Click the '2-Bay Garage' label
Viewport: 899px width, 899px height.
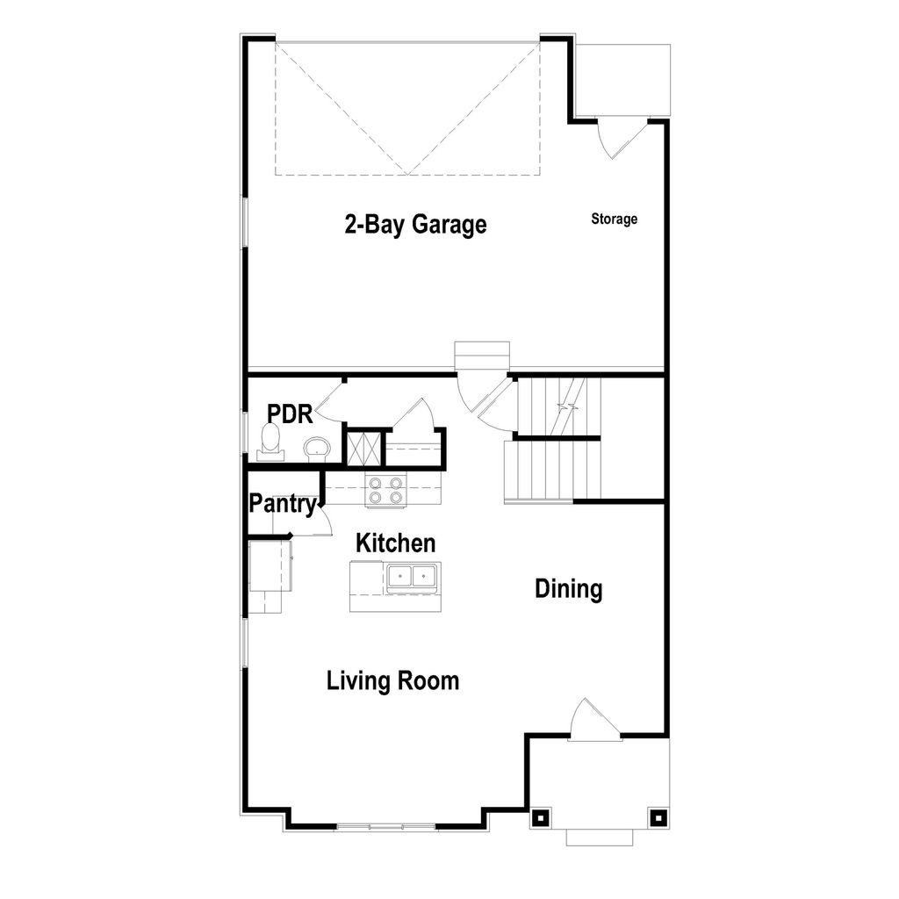pyautogui.click(x=414, y=225)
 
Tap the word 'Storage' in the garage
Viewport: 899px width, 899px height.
pyautogui.click(x=614, y=219)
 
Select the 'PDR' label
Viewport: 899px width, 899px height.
pyautogui.click(x=290, y=414)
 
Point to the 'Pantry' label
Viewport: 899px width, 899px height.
pyautogui.click(x=282, y=505)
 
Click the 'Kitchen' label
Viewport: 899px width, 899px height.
pyautogui.click(x=395, y=543)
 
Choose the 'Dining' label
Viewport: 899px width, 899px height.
pyautogui.click(x=569, y=589)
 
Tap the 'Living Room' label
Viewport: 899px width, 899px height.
pyautogui.click(x=392, y=680)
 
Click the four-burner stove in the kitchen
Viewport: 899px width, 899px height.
pyautogui.click(x=386, y=490)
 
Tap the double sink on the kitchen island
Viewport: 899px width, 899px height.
pyautogui.click(x=413, y=577)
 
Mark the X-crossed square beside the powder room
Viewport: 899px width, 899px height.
pyautogui.click(x=363, y=448)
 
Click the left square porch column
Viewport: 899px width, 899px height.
pyautogui.click(x=539, y=817)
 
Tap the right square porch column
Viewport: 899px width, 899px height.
pyautogui.click(x=657, y=817)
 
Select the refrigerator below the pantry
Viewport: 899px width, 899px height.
pyautogui.click(x=270, y=566)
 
